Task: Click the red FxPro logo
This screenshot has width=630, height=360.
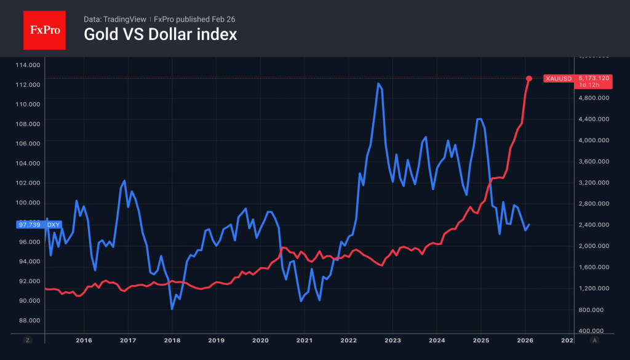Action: [x=44, y=29]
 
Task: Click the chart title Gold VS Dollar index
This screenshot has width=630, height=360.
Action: [x=160, y=35]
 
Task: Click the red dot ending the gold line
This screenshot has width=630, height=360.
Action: [x=528, y=78]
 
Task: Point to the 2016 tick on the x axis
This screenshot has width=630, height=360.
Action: [x=84, y=340]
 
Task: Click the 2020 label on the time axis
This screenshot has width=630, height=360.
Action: [x=260, y=340]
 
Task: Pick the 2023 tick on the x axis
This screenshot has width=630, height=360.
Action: [x=393, y=340]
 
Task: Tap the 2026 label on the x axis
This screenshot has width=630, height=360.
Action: [x=525, y=340]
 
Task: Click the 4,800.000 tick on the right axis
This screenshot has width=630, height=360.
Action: [x=592, y=98]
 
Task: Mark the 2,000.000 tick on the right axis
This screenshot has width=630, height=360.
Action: [x=592, y=246]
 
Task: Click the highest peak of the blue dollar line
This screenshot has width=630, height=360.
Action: [x=378, y=84]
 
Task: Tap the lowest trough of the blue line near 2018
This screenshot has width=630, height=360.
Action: [x=172, y=308]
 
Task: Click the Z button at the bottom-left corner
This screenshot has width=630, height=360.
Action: [x=27, y=340]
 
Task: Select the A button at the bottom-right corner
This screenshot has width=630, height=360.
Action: [x=594, y=340]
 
